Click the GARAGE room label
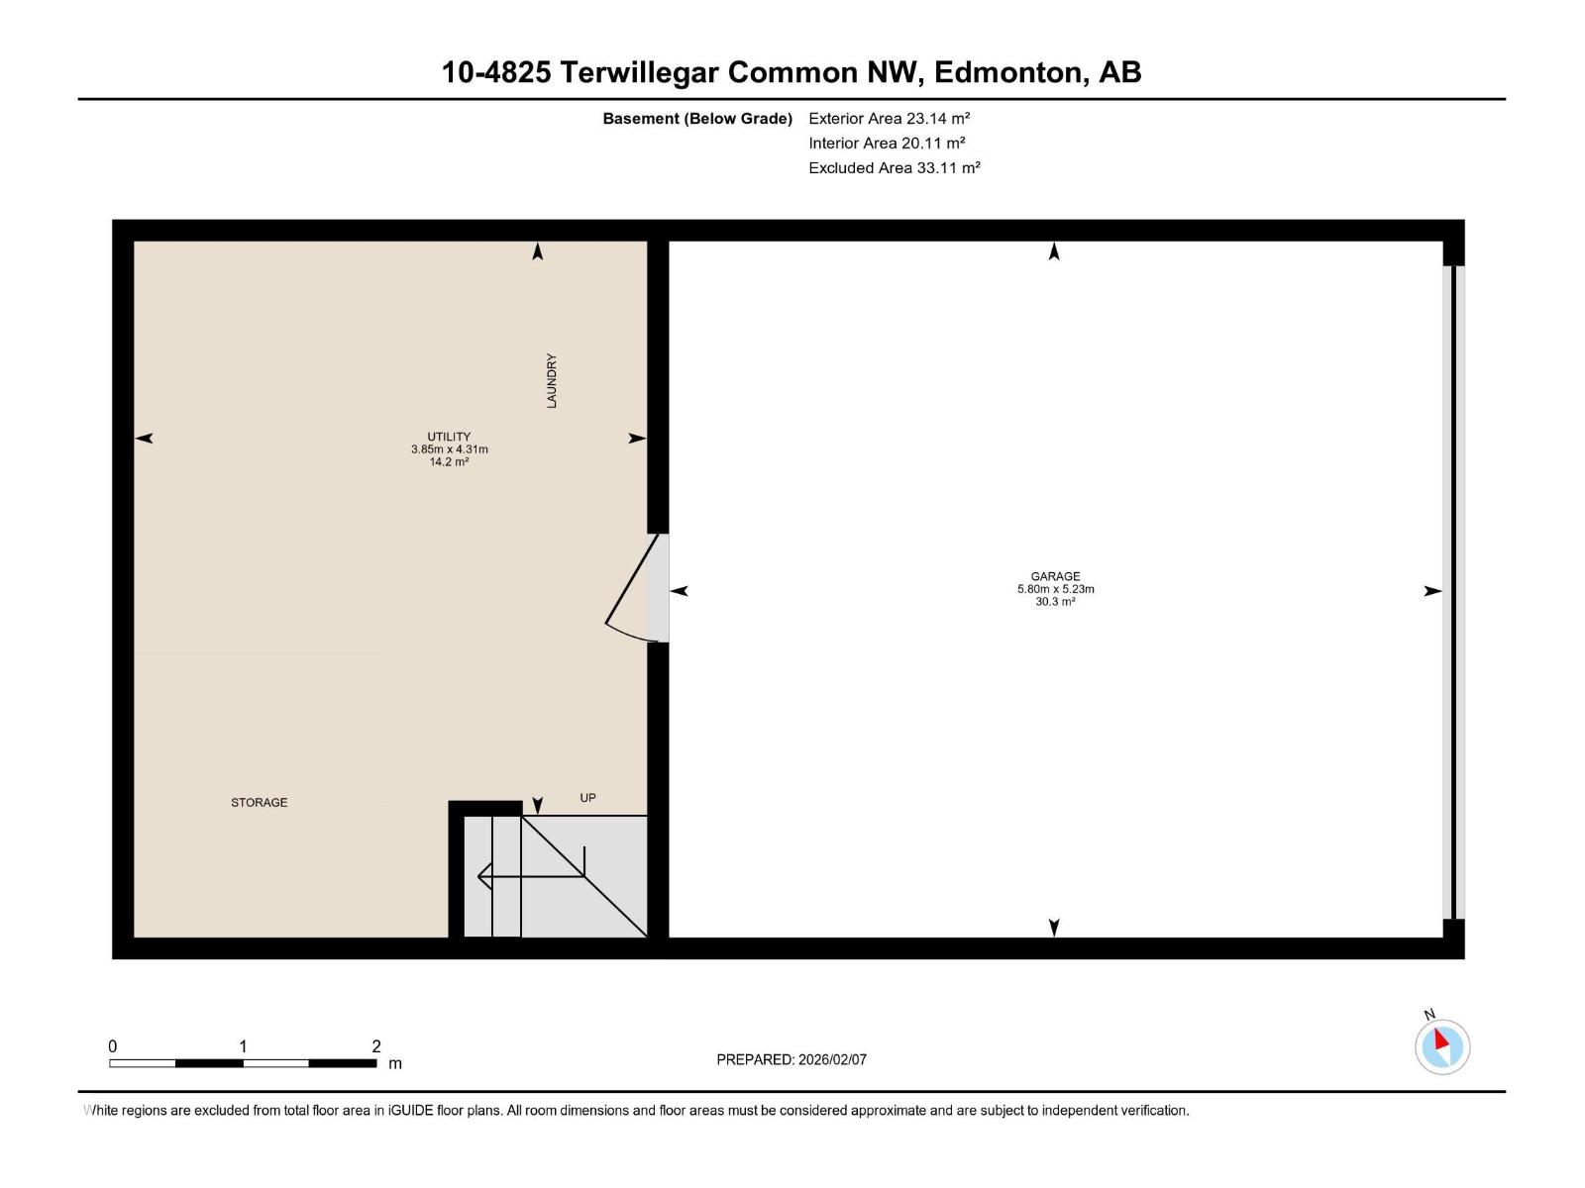[1055, 576]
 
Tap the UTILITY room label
[449, 437]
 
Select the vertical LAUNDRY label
[552, 381]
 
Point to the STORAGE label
[260, 802]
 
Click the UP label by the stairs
[587, 798]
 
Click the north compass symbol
[1441, 1045]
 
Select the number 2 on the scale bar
[376, 1045]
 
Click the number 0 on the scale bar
[113, 1045]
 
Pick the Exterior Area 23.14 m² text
[889, 118]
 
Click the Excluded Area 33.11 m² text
[894, 167]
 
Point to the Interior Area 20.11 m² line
[887, 143]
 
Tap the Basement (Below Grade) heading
[697, 118]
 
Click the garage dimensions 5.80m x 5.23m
[1055, 589]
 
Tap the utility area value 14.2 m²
[449, 461]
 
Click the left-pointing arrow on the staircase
[531, 876]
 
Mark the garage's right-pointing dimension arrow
[1431, 591]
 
